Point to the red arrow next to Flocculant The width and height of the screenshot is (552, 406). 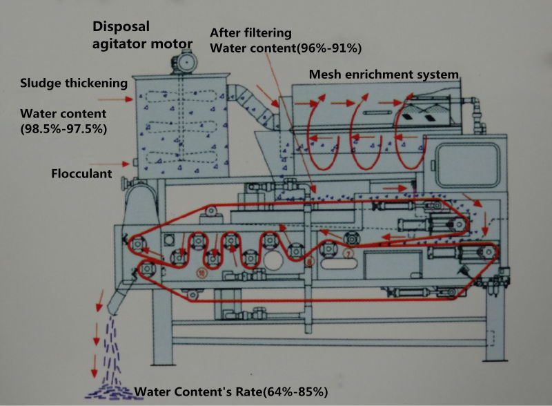(x=125, y=164)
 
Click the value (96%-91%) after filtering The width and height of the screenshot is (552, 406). (x=323, y=48)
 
